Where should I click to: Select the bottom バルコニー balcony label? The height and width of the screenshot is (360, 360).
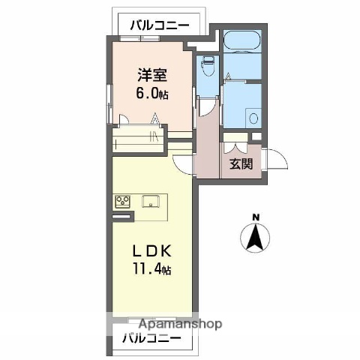coord(151,339)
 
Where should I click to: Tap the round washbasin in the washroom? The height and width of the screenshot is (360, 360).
coord(253,118)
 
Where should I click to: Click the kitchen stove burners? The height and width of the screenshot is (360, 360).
coord(123,201)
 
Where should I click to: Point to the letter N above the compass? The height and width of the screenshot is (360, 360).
coord(255,218)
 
